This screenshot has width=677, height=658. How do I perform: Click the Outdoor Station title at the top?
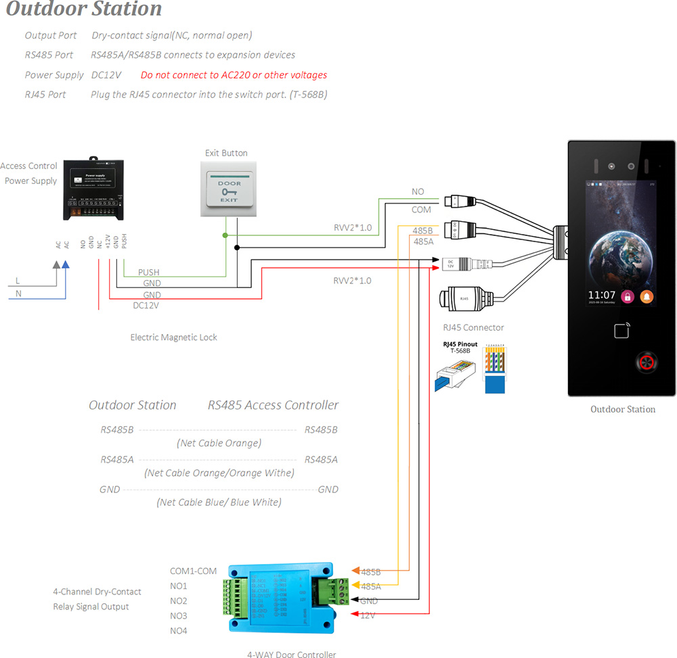tap(84, 9)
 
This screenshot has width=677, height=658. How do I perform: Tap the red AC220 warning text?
tap(234, 75)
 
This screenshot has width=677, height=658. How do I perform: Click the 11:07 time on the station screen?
tap(601, 296)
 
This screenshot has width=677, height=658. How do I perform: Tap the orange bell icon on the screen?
tap(647, 296)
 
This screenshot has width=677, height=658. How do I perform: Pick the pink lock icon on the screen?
tap(628, 296)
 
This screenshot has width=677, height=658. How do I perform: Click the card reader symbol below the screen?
tap(622, 331)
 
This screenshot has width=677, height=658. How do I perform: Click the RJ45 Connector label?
tap(473, 327)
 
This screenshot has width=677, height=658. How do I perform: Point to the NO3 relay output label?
tap(179, 616)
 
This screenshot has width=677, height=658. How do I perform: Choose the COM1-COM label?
tap(193, 571)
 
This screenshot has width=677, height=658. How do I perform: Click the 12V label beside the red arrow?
tap(368, 615)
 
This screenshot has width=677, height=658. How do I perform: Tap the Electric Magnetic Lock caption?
tap(173, 337)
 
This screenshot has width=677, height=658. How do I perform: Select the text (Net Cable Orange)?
tap(219, 443)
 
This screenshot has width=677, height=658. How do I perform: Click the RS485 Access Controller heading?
tap(273, 405)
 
